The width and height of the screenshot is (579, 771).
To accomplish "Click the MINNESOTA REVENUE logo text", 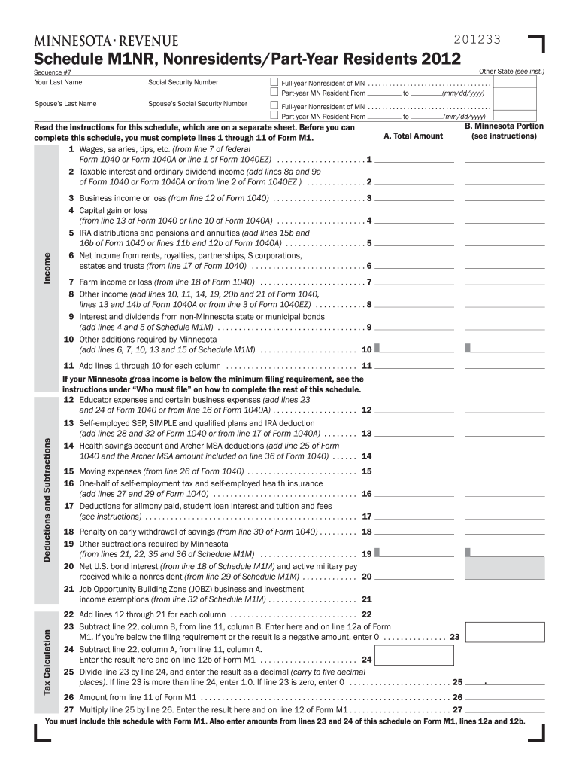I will tap(106, 41).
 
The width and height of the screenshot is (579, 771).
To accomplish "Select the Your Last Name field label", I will tap(59, 82).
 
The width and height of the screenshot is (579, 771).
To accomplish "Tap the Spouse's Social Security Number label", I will tap(198, 104).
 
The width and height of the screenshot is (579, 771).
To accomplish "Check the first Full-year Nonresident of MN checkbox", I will tap(274, 82).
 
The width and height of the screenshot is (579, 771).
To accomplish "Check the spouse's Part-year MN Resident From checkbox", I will tap(274, 117).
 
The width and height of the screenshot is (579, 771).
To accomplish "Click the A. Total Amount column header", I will tap(413, 136).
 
